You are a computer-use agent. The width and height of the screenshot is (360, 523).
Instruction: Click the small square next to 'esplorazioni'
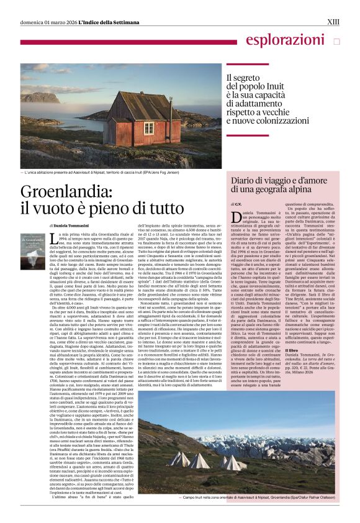tap(336, 42)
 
